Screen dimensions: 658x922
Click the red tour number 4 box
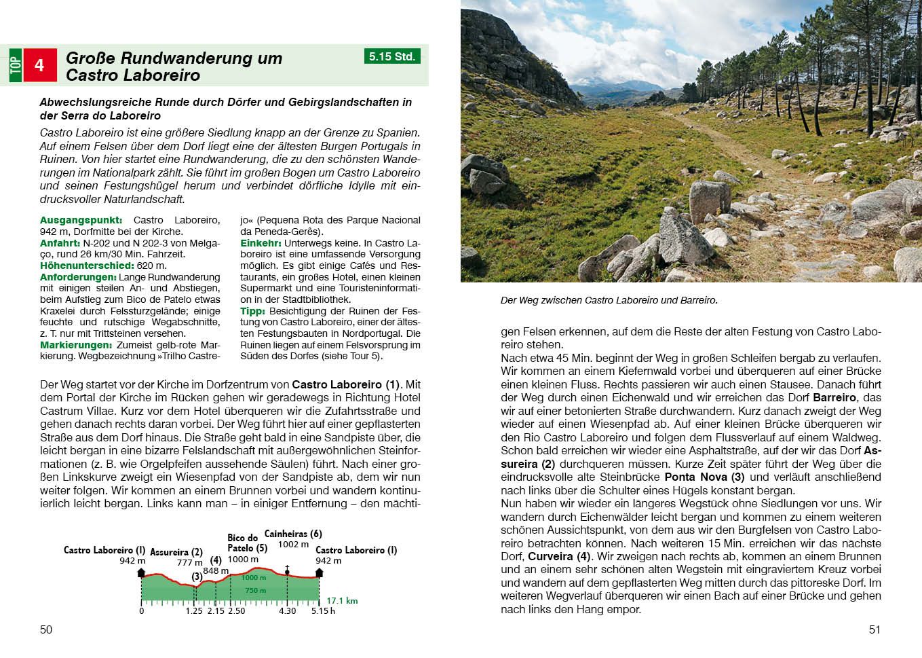39,65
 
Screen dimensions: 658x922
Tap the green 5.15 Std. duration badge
392,56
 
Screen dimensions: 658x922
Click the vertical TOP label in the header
15,65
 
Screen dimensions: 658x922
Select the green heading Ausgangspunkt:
81,220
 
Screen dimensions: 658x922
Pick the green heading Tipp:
252,311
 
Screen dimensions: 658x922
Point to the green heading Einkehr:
261,243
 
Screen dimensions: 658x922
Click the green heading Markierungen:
75,345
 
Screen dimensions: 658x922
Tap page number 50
46,629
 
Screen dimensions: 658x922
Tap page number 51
875,629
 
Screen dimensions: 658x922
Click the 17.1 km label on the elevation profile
342,601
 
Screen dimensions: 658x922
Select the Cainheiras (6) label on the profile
293,534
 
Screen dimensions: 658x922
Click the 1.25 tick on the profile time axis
194,611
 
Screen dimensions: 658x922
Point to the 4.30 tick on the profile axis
287,611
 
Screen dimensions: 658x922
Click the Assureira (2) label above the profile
176,552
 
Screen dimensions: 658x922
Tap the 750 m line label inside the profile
256,591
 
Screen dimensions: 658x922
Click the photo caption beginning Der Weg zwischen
609,300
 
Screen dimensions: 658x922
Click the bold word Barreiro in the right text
834,397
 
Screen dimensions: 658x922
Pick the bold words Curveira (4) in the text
560,556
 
